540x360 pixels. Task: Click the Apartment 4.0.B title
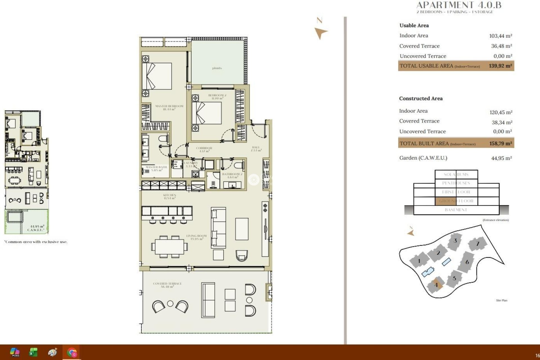click(458, 5)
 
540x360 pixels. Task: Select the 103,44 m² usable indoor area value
click(500, 36)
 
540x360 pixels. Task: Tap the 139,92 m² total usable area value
click(500, 66)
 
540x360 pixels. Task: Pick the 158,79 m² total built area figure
click(500, 143)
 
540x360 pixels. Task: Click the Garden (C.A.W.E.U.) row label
click(423, 158)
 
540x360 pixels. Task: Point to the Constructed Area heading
click(421, 98)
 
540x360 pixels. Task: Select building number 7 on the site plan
click(477, 244)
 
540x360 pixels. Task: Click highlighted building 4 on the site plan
click(436, 285)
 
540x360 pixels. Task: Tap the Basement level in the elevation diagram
click(456, 210)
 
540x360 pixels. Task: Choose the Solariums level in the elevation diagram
click(456, 174)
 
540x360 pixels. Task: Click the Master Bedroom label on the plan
click(169, 107)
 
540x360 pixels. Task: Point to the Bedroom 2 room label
click(217, 97)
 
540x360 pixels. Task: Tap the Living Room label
click(196, 237)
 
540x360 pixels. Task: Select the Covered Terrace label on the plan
click(167, 285)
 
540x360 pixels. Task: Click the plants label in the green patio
click(217, 68)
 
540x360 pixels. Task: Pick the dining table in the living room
click(169, 247)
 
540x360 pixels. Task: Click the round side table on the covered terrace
click(170, 304)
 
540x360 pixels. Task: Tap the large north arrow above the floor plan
click(320, 33)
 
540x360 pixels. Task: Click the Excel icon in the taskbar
click(33, 352)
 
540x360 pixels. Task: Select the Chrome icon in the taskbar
click(72, 352)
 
